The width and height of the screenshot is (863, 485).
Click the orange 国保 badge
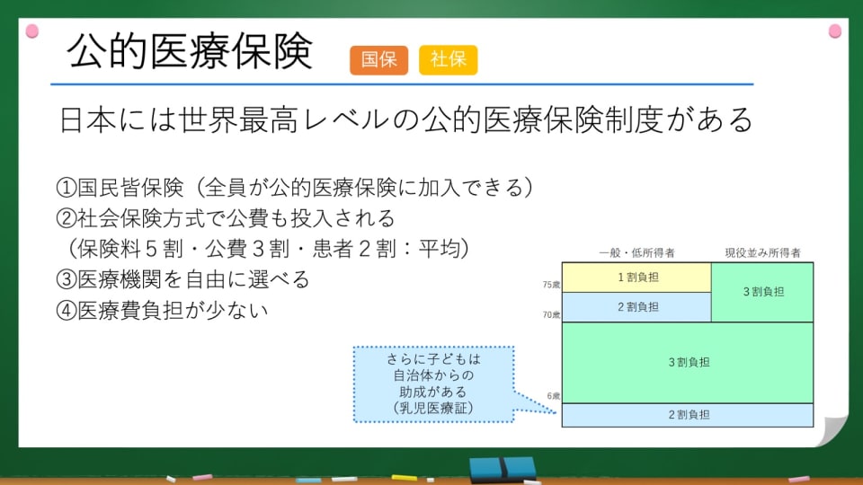(378, 60)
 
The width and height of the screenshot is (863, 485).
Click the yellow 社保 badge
(448, 60)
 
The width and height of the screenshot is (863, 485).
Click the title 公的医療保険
(190, 51)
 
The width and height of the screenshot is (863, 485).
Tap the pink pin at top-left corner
(32, 31)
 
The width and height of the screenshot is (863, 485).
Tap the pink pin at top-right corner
(835, 31)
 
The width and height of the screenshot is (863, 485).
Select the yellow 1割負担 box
(636, 278)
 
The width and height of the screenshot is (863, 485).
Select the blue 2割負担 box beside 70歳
(636, 307)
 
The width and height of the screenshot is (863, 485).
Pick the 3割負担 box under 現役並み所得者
(762, 292)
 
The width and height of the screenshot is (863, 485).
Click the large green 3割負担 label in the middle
(690, 362)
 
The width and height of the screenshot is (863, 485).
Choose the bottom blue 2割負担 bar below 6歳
(688, 415)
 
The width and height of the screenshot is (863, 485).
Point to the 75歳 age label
(551, 285)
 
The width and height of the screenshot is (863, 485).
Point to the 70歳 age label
(551, 315)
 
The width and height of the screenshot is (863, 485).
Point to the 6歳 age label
(553, 396)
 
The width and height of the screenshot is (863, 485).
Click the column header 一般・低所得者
(636, 253)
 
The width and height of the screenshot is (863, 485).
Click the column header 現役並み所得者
(763, 253)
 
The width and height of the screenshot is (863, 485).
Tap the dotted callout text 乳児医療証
(433, 408)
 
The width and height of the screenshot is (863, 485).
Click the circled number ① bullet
(66, 188)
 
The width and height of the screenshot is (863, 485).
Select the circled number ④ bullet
(66, 311)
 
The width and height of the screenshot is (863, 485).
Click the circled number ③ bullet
(66, 280)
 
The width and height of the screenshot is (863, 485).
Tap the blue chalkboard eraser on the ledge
(503, 470)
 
